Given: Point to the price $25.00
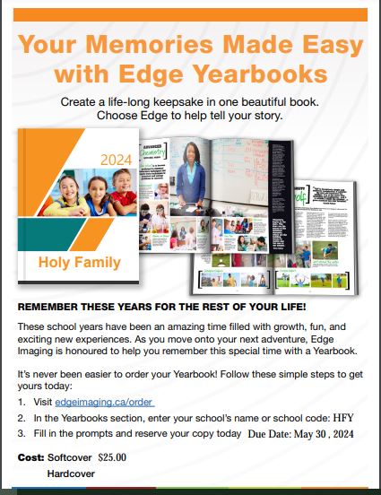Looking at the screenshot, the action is coord(113,456).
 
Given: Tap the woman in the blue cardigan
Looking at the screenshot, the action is coord(248,180).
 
